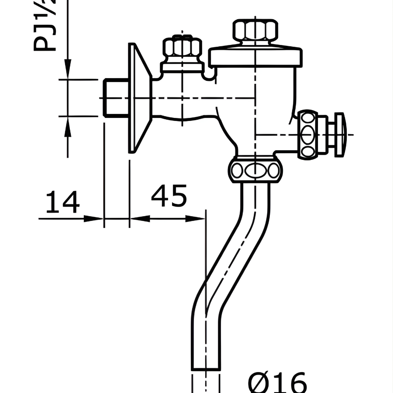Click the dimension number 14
pos(63,202)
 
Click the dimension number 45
pos(169,196)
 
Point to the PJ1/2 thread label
pos(46,26)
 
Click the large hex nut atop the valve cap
pos(255,31)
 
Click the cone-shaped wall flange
pos(138,98)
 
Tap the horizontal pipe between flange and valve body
pos(183,103)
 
